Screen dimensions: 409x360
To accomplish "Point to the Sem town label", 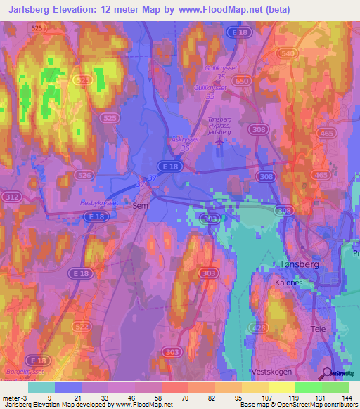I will click(140, 206).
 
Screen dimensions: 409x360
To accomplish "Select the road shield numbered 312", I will click(11, 197).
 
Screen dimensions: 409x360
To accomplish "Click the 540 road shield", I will click(288, 53).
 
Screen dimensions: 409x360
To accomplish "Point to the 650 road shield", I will click(243, 82).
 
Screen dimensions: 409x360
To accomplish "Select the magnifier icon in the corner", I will click(326, 373).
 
